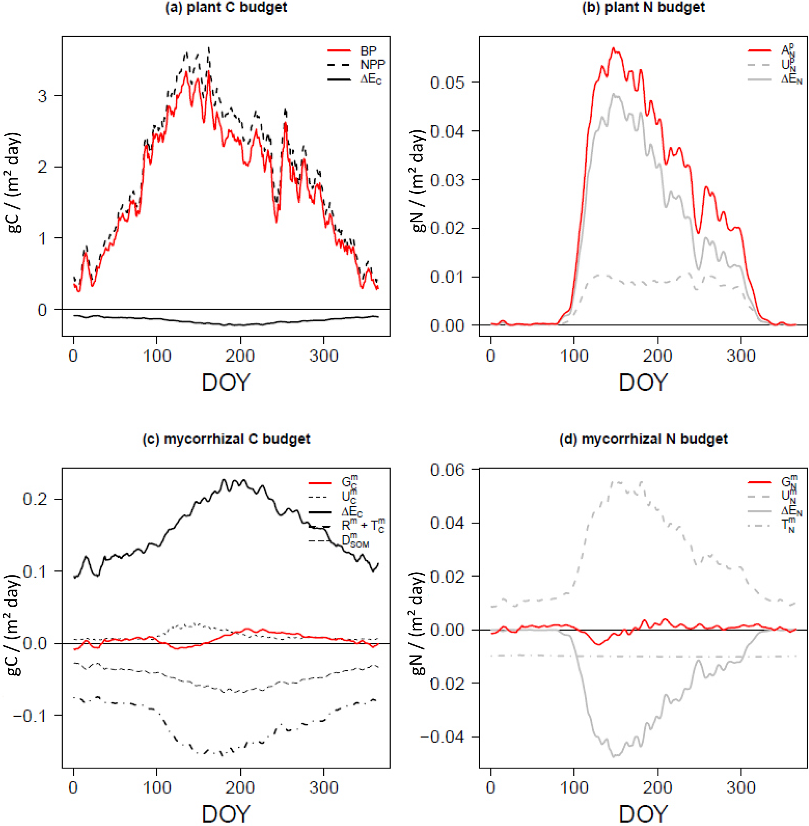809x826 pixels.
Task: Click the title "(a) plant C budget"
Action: click(x=226, y=8)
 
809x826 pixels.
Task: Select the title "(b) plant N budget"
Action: click(x=643, y=8)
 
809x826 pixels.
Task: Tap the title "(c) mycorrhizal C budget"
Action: click(x=226, y=438)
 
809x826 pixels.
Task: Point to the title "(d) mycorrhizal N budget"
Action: click(x=643, y=438)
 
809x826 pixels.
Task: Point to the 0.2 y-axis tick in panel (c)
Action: click(x=35, y=499)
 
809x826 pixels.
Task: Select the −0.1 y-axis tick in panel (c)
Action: click(x=30, y=716)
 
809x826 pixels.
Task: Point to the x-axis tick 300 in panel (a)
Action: click(x=324, y=355)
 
